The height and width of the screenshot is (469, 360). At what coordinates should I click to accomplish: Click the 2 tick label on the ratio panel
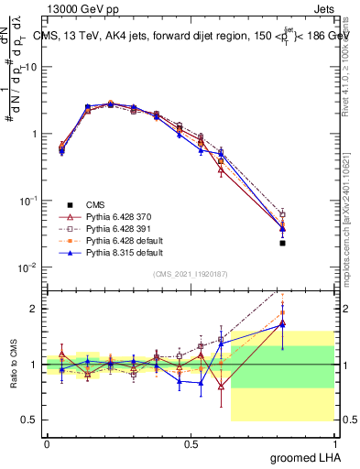point(34,309)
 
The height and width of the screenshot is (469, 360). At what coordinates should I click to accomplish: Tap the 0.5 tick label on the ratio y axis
point(29,420)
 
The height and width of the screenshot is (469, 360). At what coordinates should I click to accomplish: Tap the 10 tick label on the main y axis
point(29,67)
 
